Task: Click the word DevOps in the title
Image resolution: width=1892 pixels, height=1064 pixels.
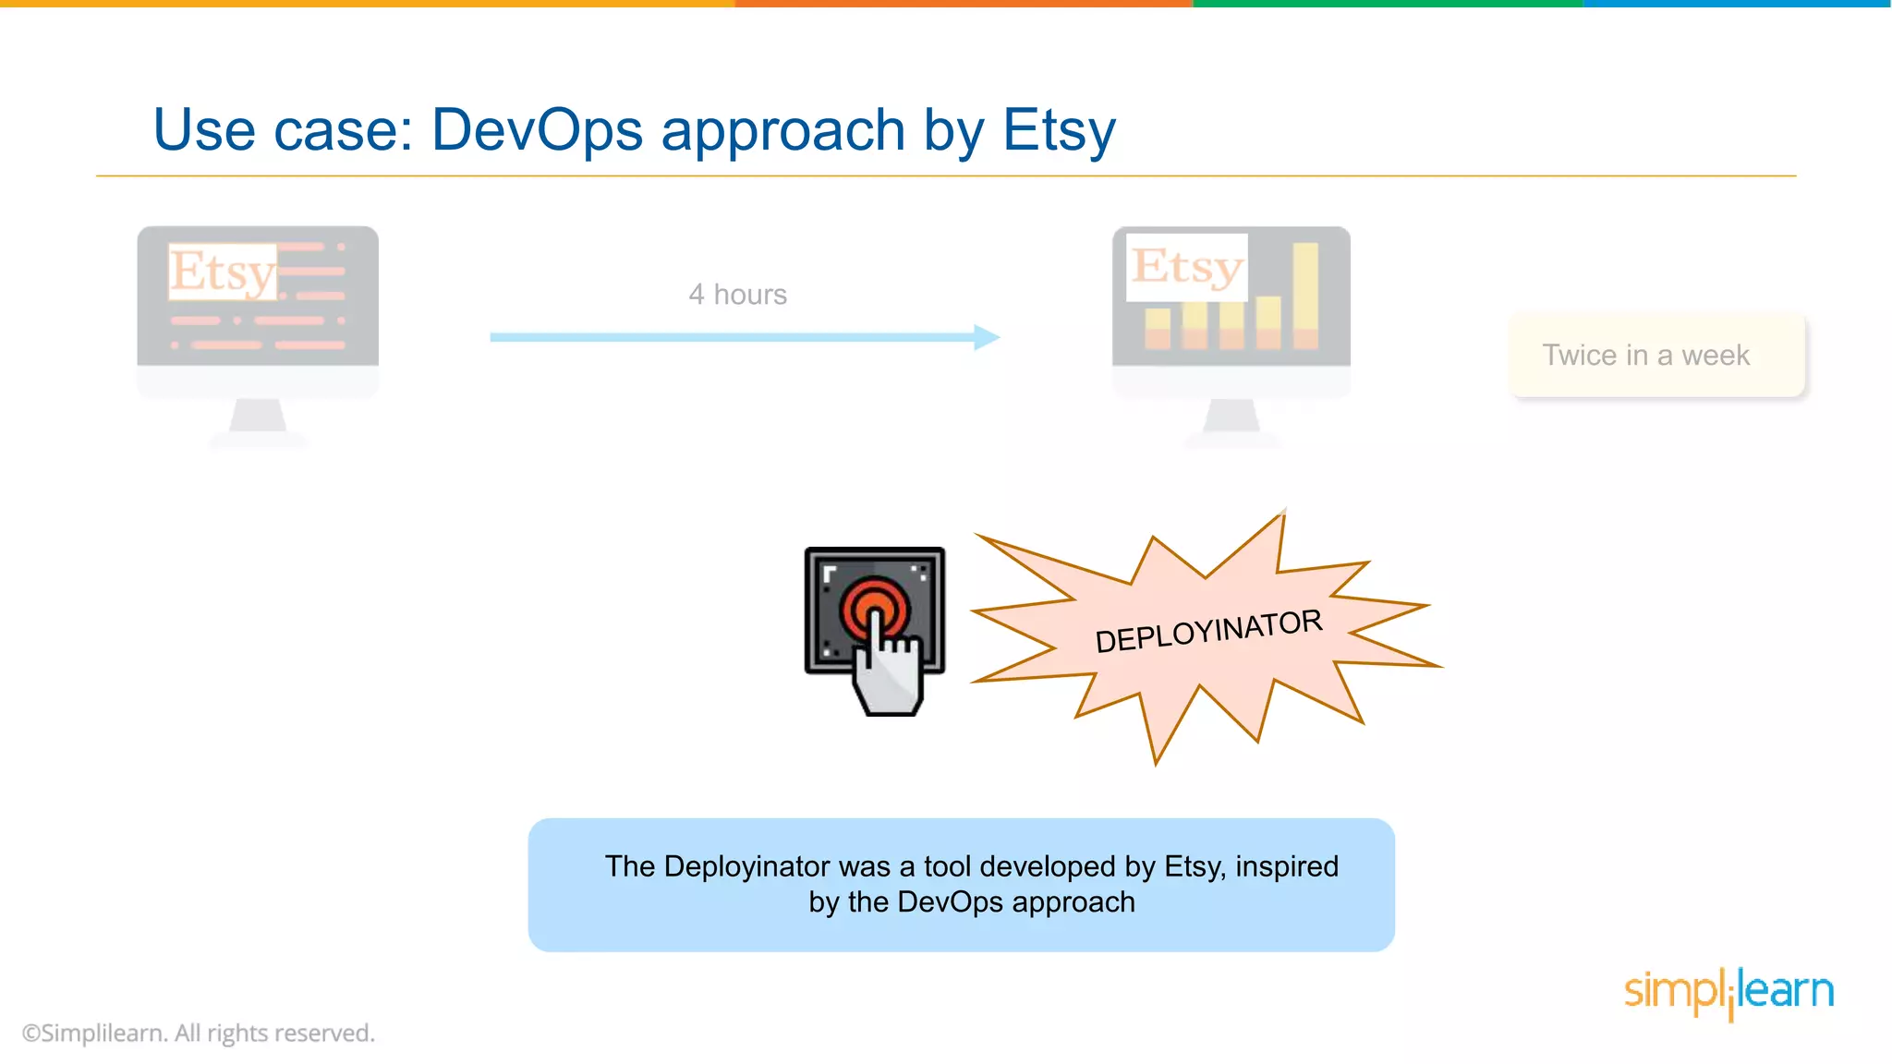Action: [537, 129]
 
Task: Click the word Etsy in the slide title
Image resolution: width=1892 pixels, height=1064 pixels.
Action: [1059, 129]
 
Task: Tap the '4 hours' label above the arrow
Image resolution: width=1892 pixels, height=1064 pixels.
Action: [737, 295]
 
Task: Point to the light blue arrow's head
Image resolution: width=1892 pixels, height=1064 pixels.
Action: [988, 337]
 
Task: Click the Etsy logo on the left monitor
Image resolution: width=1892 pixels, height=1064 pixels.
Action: [222, 272]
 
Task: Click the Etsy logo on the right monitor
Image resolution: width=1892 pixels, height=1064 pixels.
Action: [1187, 267]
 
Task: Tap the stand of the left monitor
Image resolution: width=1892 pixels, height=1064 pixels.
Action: [258, 418]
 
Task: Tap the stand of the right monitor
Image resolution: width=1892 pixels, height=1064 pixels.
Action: [1231, 418]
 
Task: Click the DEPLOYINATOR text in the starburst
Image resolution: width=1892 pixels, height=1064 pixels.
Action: [1208, 632]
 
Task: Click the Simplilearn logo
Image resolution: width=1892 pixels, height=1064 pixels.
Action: [1728, 992]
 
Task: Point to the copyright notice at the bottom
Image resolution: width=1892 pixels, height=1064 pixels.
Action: [199, 1033]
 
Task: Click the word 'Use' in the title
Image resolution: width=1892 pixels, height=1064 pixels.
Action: [204, 129]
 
